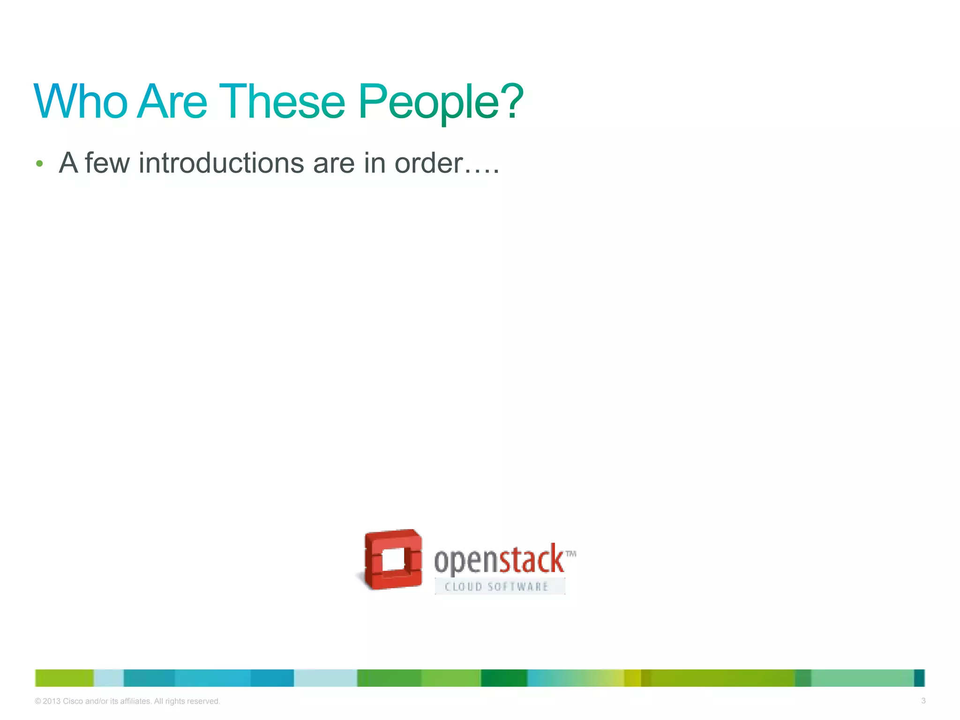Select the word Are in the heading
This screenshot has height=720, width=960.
pos(172,101)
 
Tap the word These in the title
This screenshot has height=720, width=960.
pos(282,101)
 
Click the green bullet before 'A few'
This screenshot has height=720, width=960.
pos(39,164)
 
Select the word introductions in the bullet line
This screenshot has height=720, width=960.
pos(221,163)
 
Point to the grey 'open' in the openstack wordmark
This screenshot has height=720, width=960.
pos(465,561)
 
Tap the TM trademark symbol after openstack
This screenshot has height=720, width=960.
pos(570,554)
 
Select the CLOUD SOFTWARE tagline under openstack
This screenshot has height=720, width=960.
pos(497,587)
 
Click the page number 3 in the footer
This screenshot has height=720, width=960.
pos(923,701)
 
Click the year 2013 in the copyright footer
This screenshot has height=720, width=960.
pos(52,701)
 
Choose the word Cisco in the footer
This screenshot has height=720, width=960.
pos(73,701)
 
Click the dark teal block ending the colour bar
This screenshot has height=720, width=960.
pos(919,678)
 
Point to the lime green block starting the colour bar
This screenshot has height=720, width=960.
pos(64,678)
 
